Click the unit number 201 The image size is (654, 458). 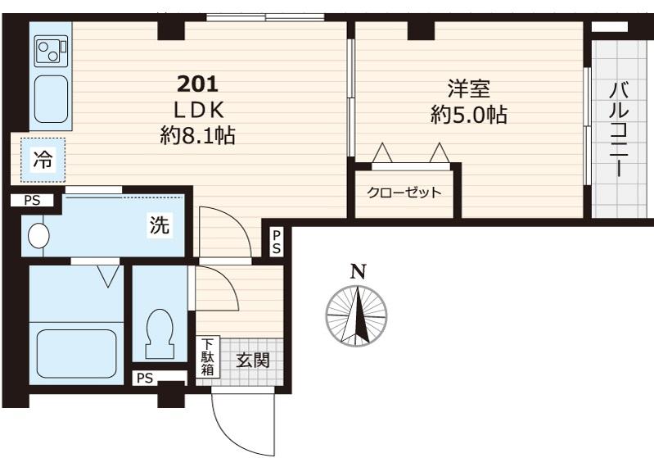(198, 84)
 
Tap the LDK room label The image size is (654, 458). (199, 111)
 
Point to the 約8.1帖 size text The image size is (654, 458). (198, 136)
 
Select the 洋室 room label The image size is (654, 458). (468, 88)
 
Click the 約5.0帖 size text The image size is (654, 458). (469, 115)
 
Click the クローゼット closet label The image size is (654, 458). (404, 193)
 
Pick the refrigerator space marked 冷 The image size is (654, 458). (43, 160)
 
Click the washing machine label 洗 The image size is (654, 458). (160, 225)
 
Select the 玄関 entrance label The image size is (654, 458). (253, 361)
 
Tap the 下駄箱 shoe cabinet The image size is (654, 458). (207, 357)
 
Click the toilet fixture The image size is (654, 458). (159, 333)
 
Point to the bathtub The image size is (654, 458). (76, 353)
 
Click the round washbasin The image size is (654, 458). (38, 235)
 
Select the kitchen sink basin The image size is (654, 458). (51, 99)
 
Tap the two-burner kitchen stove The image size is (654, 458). (51, 51)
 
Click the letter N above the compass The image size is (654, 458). (358, 272)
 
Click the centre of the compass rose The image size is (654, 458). (357, 316)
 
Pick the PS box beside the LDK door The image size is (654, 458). (277, 243)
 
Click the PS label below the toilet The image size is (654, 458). (145, 379)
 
